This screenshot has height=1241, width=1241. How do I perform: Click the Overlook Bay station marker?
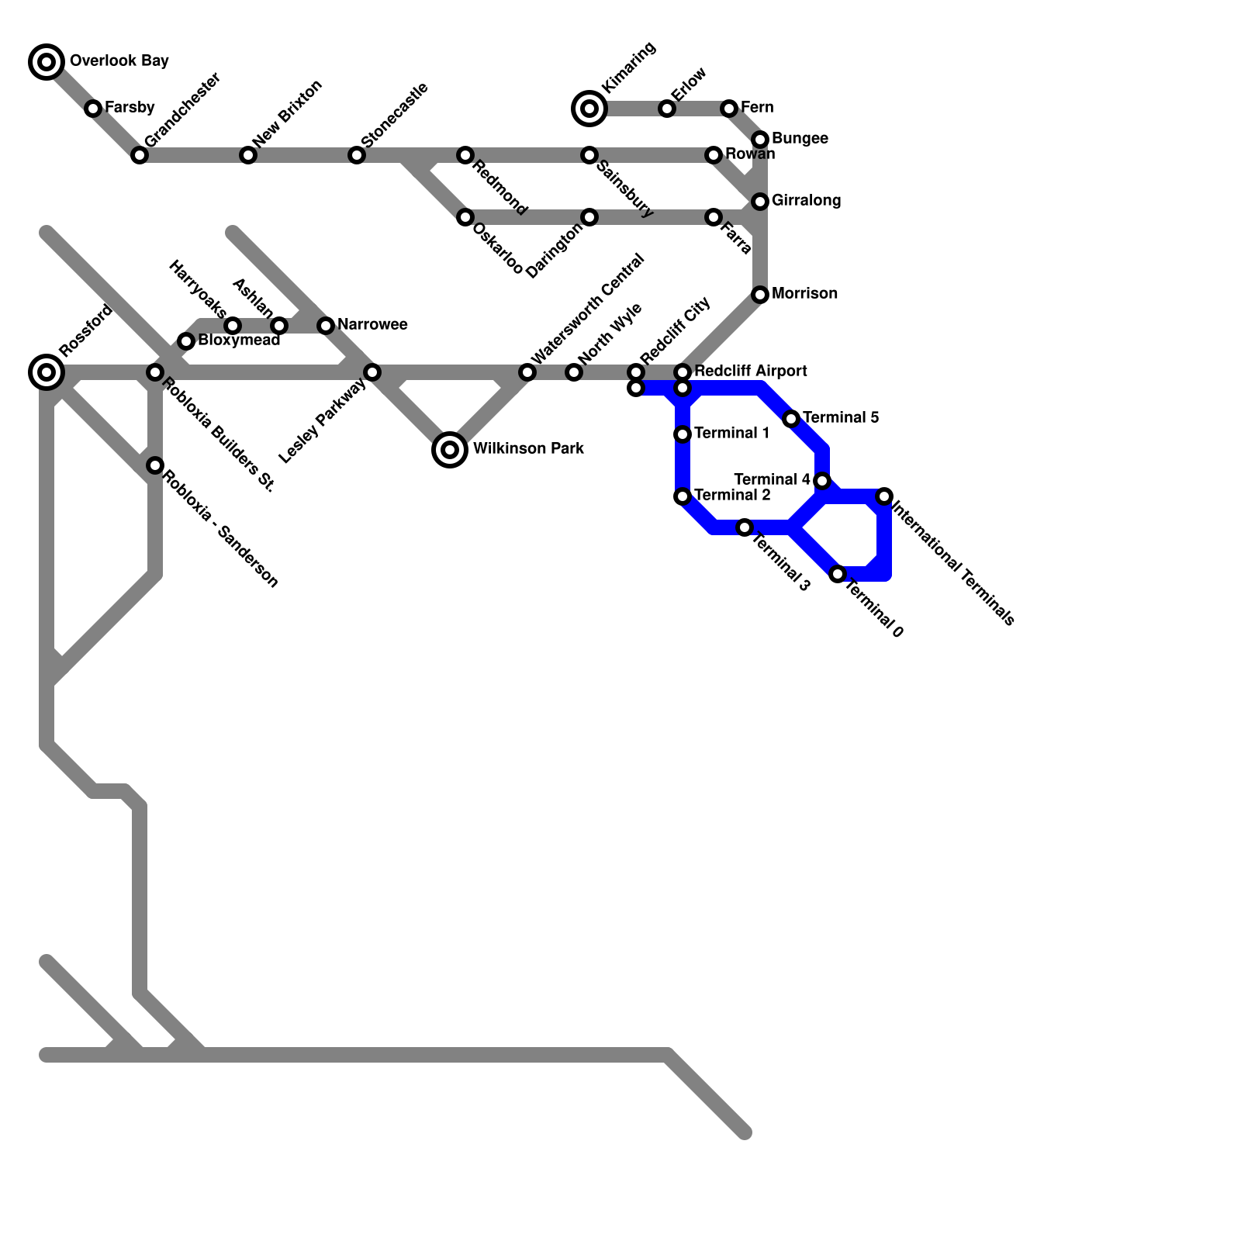tap(47, 61)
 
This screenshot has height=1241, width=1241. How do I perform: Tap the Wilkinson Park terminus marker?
tap(449, 449)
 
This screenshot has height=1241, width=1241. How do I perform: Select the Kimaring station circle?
tap(589, 109)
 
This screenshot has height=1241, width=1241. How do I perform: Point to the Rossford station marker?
tap(47, 372)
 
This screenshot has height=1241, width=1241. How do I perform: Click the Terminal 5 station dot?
tap(791, 419)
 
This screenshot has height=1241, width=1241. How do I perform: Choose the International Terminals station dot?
tap(884, 496)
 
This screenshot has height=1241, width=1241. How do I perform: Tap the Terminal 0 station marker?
tap(838, 574)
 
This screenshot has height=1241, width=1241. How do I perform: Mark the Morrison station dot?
tap(760, 295)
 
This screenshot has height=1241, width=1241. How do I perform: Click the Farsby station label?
tap(130, 108)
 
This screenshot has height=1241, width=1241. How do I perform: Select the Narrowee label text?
tap(372, 325)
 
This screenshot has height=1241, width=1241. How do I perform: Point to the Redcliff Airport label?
tap(750, 372)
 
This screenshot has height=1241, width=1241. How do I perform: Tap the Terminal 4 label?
tap(772, 480)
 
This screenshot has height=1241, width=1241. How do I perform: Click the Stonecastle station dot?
tap(357, 155)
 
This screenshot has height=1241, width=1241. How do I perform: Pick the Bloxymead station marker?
tap(186, 341)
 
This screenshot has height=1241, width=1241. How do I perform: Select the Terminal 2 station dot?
tap(683, 496)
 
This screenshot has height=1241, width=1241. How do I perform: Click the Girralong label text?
tap(806, 201)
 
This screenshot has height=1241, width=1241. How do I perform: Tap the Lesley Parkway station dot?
tap(372, 372)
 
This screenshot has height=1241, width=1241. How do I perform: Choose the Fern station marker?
tap(729, 109)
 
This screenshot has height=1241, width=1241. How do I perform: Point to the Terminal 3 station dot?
tap(745, 527)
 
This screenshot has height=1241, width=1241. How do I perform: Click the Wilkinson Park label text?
tap(527, 449)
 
